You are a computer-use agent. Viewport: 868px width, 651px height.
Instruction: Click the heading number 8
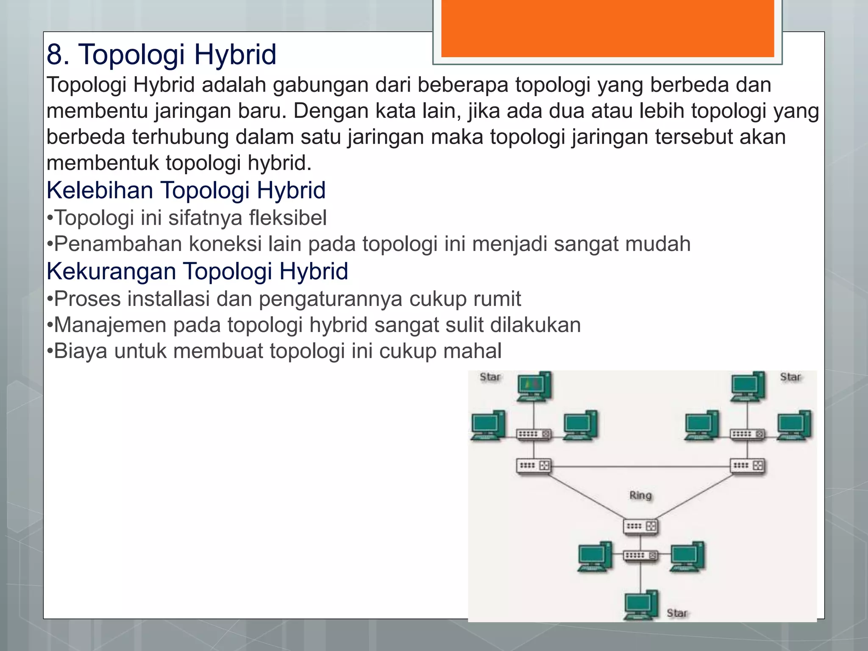(57, 55)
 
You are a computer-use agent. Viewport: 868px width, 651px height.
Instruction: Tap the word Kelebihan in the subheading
(100, 190)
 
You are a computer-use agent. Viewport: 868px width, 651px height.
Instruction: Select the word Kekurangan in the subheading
(111, 271)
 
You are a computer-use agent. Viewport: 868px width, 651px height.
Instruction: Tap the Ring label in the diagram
(640, 495)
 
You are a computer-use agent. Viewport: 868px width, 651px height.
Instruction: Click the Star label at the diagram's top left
(490, 377)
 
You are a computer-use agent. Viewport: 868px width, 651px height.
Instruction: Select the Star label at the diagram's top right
(790, 377)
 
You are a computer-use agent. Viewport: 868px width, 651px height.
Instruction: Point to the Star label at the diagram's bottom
(677, 613)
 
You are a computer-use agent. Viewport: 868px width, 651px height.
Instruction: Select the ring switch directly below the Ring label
(640, 526)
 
